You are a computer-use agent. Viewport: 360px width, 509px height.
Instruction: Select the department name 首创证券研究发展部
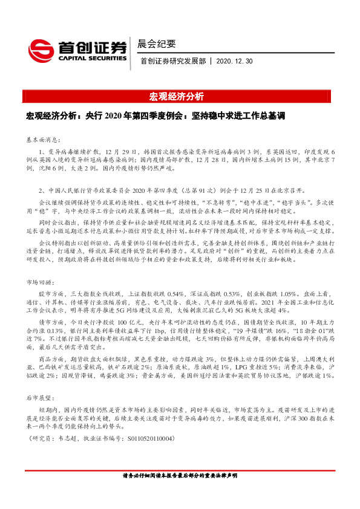tap(173, 61)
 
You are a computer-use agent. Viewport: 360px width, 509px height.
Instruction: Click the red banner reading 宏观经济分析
tap(180, 96)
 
